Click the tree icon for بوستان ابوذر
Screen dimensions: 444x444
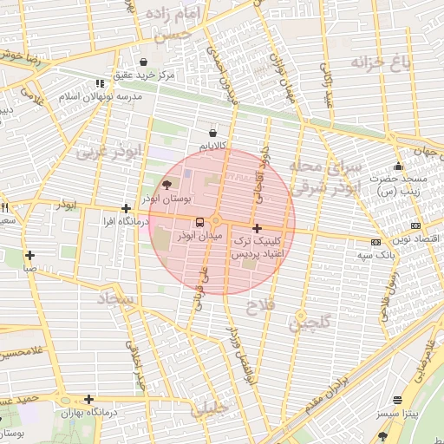point(166,185)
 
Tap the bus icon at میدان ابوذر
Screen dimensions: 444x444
point(199,222)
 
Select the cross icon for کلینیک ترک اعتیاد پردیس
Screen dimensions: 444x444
point(256,228)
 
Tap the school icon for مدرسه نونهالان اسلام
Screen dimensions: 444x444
point(100,84)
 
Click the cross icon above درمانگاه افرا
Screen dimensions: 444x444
point(127,208)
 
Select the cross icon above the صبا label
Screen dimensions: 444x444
point(30,255)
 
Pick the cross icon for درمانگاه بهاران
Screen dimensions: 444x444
point(88,399)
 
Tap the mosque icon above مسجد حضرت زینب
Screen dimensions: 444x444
point(398,166)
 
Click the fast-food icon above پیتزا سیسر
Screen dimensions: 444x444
point(397,401)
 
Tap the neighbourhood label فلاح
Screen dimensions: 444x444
point(259,307)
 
